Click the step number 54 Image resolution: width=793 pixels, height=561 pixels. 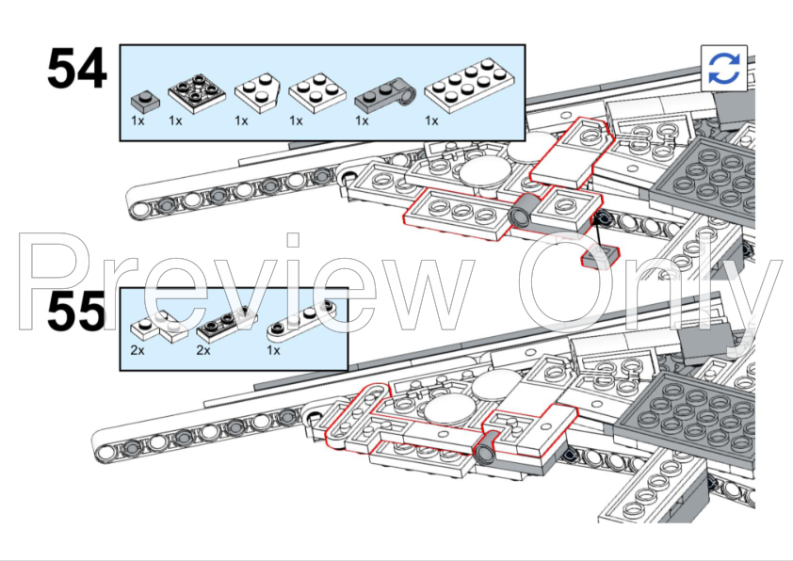77,71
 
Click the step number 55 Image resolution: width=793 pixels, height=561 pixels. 77,313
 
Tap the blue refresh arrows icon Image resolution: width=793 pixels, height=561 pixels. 724,68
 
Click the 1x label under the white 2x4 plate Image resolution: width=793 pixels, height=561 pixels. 431,120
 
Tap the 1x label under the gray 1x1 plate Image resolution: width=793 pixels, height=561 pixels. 138,120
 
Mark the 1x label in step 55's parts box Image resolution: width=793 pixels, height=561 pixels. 274,349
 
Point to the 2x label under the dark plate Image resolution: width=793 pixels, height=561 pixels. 203,349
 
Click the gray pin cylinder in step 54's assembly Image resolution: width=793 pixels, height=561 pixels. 521,216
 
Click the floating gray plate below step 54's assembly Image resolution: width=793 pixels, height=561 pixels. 599,257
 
